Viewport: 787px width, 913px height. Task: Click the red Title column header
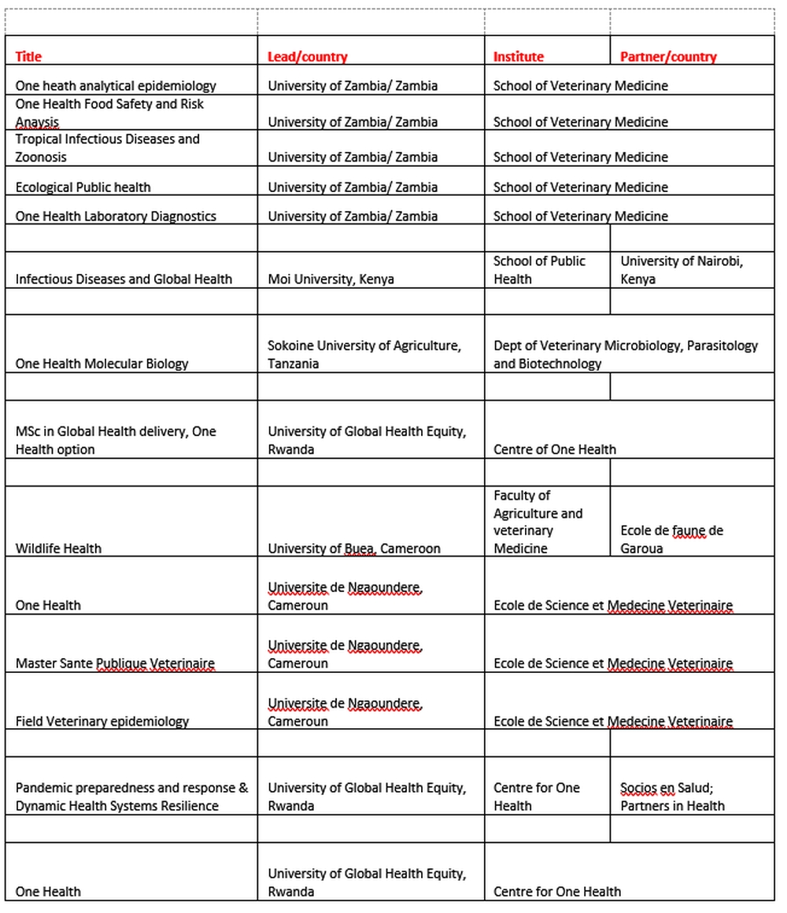[29, 57]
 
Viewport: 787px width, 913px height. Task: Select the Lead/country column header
[307, 57]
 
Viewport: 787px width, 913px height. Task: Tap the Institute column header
[518, 57]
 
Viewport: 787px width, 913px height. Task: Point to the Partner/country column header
[668, 57]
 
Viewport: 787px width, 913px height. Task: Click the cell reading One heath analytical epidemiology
[116, 86]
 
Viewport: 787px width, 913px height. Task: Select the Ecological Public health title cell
[83, 187]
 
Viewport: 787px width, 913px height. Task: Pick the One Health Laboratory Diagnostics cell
[116, 216]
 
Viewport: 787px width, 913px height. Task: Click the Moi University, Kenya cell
[331, 279]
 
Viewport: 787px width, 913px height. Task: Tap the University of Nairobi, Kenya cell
[682, 270]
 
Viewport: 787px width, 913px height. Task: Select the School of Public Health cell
[539, 270]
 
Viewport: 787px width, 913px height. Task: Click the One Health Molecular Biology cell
[102, 364]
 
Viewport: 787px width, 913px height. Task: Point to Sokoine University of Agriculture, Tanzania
[364, 354]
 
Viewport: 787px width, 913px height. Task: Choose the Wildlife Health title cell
[58, 549]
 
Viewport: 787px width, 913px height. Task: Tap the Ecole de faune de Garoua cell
[671, 539]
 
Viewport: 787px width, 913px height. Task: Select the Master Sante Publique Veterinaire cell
[115, 663]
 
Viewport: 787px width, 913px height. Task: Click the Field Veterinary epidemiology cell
[102, 722]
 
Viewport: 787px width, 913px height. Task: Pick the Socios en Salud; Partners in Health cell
[672, 797]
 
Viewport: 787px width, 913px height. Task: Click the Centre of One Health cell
[555, 449]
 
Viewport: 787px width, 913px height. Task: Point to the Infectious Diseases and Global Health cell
[124, 279]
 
